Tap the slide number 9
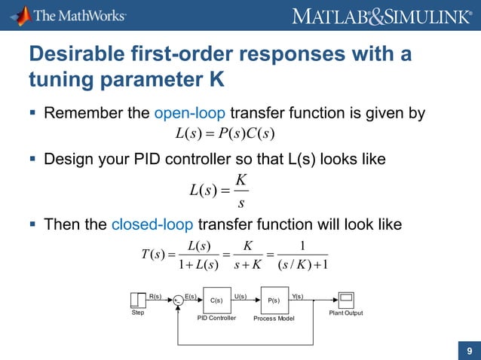pos(470,350)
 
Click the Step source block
pos(138,300)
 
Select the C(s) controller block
pos(216,300)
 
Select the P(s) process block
pos(274,300)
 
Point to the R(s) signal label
pos(156,295)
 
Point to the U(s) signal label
pos(241,295)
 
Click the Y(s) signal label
pos(297,295)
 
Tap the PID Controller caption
pos(216,319)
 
